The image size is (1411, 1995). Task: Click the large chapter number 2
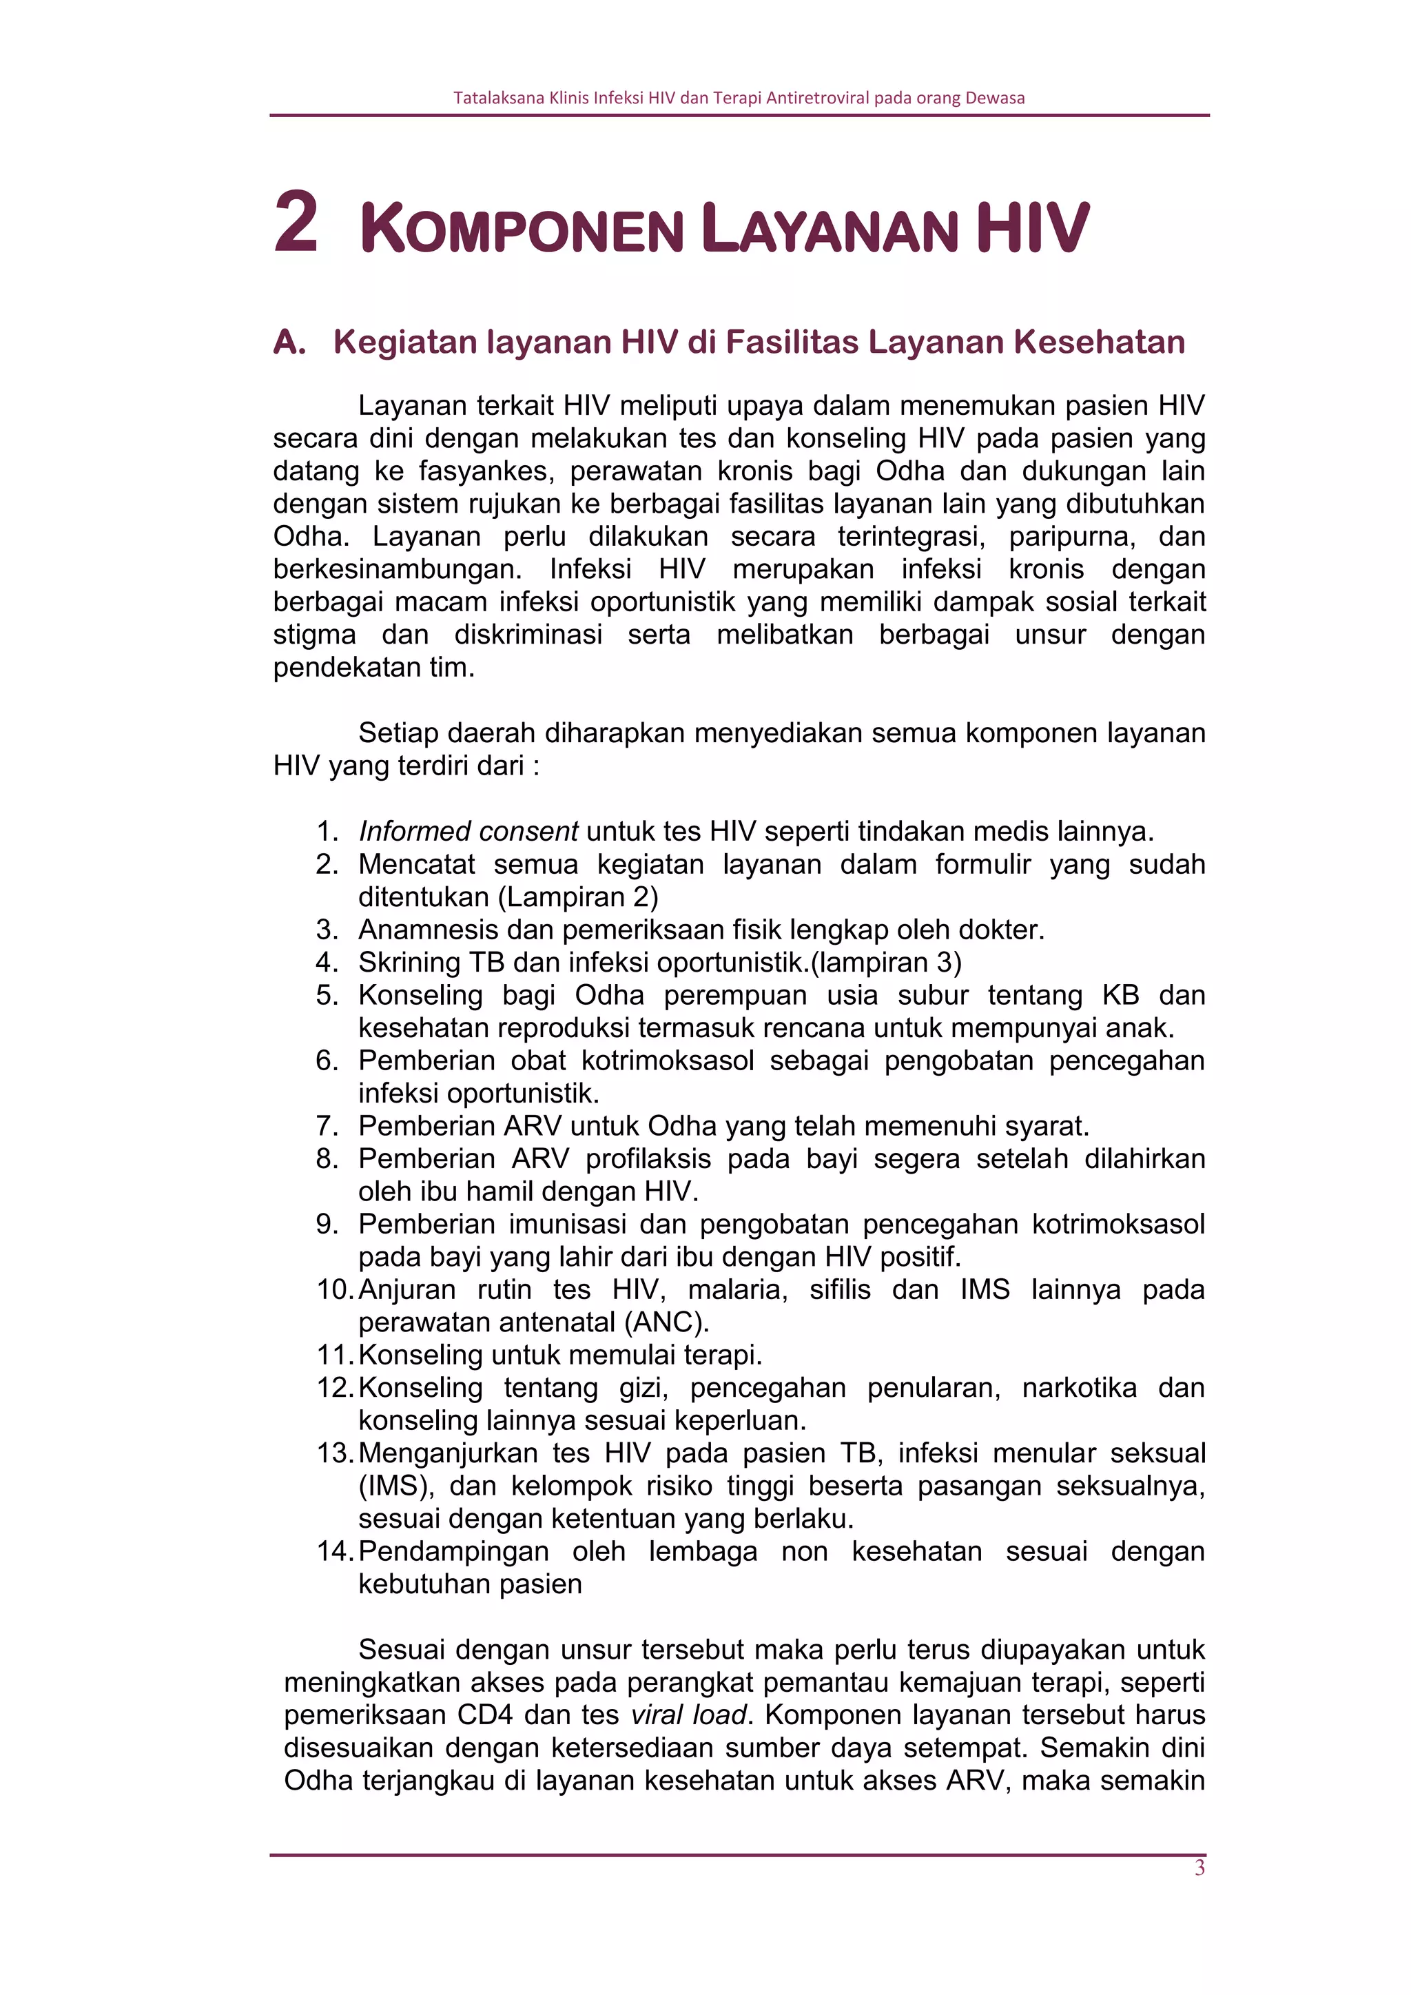click(296, 223)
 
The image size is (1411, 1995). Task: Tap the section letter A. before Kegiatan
click(289, 342)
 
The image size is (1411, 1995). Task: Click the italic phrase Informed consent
click(468, 832)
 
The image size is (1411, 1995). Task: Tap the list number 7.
click(327, 1126)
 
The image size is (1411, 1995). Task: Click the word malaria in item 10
click(737, 1289)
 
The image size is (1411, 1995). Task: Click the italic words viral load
click(688, 1715)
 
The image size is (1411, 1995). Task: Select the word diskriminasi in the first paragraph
click(528, 634)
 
